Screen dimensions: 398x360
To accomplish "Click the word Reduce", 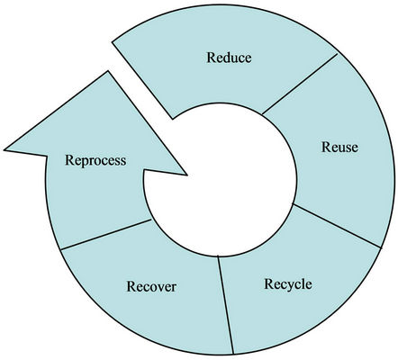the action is (x=229, y=58).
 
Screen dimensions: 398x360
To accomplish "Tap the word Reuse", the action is (x=339, y=147).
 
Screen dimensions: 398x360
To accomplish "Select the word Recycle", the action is (x=288, y=283).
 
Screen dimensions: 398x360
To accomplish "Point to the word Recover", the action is (x=151, y=286).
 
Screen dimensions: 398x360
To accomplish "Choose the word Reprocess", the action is (x=95, y=160).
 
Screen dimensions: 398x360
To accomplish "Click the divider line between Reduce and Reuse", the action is (x=300, y=84).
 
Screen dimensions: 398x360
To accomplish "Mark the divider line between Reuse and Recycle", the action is (x=337, y=226).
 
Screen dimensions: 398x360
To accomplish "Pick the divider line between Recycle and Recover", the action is (x=226, y=305).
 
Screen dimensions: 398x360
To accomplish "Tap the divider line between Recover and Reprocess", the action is (x=106, y=235).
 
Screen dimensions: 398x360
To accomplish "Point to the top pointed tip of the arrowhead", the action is (x=108, y=71).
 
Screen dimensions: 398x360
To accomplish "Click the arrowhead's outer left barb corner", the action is (x=5, y=149).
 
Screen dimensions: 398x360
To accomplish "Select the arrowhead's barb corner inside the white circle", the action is (x=187, y=175).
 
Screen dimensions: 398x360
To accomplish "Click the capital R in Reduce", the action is (x=211, y=58).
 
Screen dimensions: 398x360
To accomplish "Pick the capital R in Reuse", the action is (x=326, y=147).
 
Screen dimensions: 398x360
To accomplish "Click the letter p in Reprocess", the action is (x=83, y=162).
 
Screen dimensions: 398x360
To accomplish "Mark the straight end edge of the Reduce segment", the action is (x=142, y=80).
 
